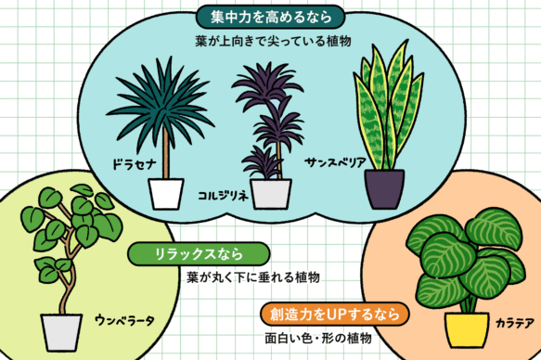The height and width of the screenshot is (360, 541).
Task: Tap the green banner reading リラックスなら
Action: click(200, 252)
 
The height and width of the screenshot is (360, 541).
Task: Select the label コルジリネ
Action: click(224, 197)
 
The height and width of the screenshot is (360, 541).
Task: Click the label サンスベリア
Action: click(335, 161)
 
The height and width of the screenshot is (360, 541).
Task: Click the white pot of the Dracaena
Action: click(167, 193)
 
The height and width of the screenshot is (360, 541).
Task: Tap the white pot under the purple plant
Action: click(270, 194)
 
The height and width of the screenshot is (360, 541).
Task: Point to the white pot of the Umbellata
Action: click(61, 331)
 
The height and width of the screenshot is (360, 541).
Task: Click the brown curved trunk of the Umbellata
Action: click(65, 278)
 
